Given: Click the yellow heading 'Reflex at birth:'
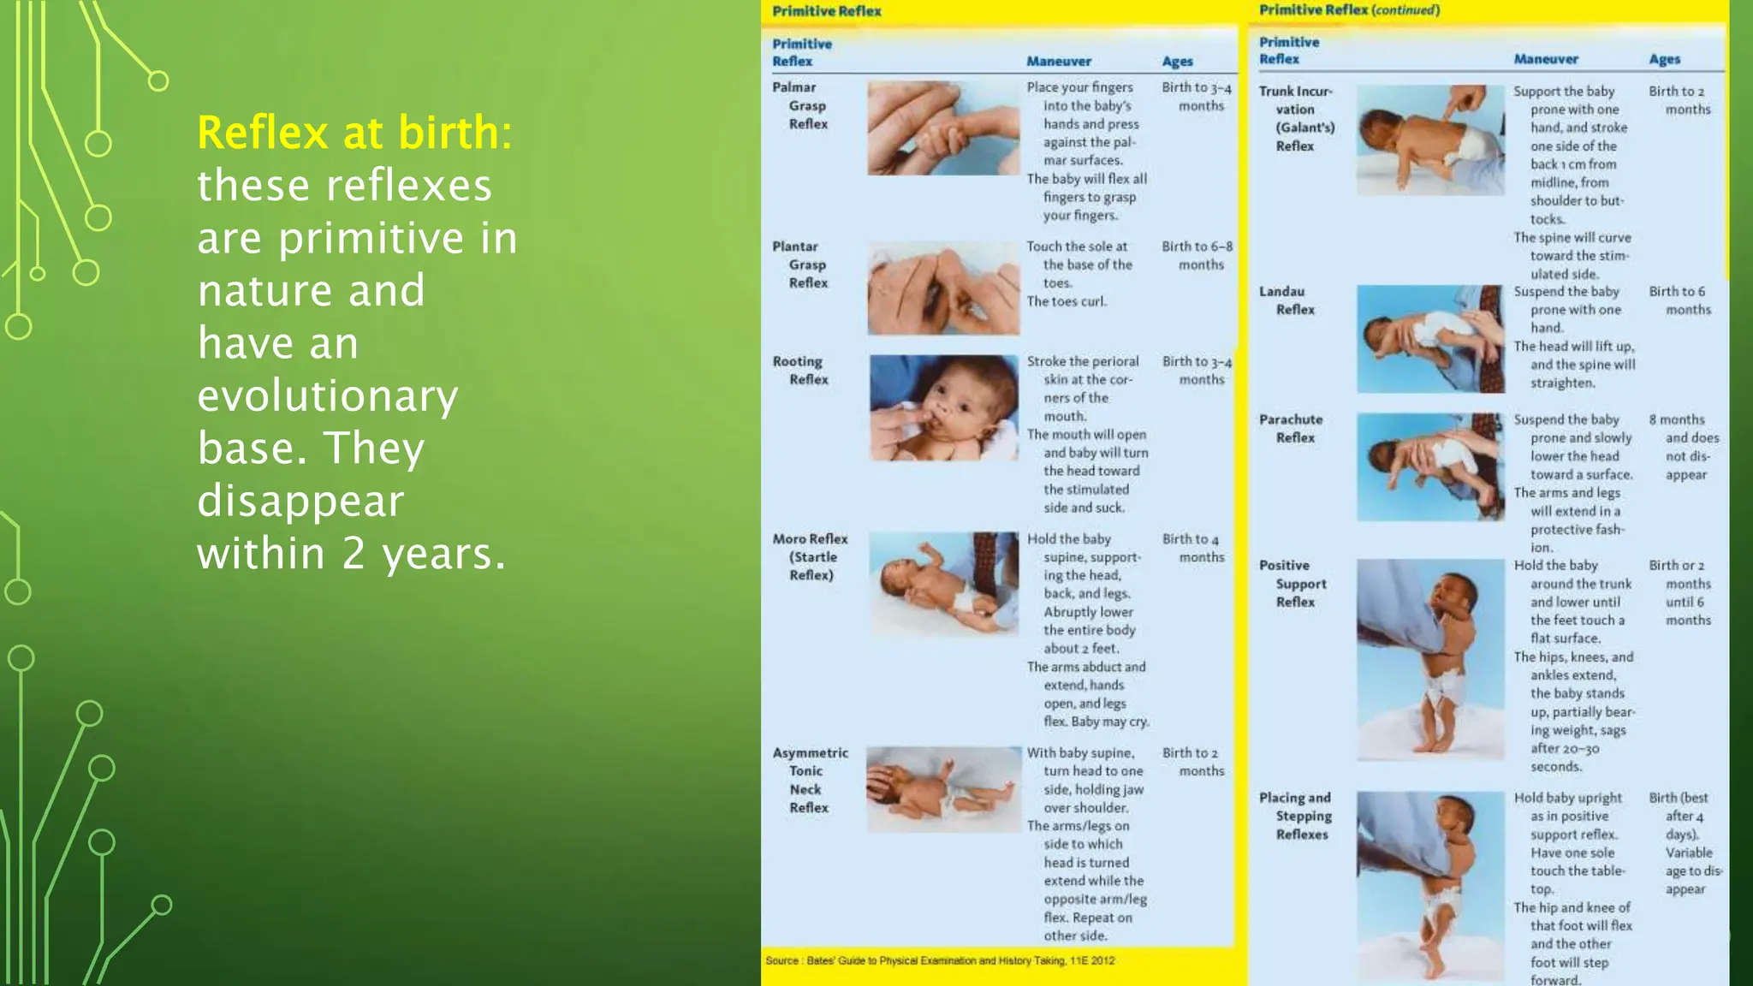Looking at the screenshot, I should [354, 133].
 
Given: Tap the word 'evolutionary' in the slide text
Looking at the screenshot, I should [328, 395].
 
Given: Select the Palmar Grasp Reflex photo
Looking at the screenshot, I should [943, 128].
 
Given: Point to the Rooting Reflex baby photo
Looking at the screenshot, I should [944, 408].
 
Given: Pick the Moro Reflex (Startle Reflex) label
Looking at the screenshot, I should [810, 557].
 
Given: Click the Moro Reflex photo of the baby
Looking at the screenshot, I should [944, 584].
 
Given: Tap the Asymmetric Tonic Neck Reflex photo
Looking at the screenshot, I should [943, 789].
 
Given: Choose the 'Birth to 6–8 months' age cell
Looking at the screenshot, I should [1197, 255].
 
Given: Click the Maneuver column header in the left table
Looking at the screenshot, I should [1059, 62].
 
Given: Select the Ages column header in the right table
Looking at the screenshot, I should [1664, 59].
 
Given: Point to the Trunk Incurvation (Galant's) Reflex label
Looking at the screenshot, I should [1297, 119].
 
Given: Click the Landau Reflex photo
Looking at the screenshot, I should [1430, 339].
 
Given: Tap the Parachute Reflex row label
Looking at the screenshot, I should [1291, 429].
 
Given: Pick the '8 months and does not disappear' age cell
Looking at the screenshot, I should [1684, 447].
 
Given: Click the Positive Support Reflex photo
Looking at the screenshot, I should [1430, 659].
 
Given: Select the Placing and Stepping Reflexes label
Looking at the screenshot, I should [1295, 816].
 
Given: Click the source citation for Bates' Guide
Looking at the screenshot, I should [940, 960].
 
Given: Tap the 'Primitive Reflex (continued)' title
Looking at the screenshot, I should [1349, 10].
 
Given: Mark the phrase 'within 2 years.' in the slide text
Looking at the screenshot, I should [352, 554].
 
